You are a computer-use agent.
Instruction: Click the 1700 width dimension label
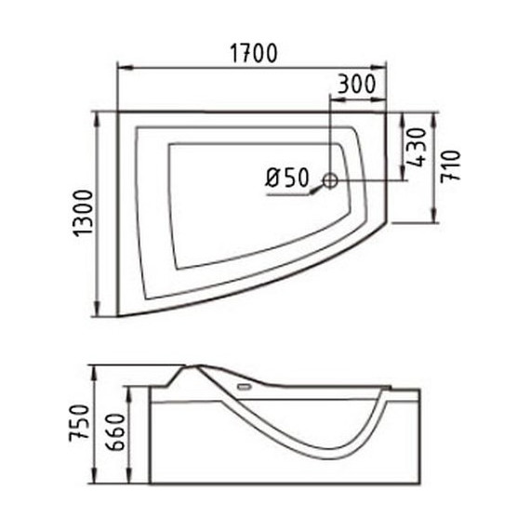pos(254,53)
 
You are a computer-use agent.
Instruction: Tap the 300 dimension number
pos(357,84)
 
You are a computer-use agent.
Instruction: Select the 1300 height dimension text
pos(83,214)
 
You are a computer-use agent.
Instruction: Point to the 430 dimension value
pos(416,147)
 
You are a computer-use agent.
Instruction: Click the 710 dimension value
pos(451,166)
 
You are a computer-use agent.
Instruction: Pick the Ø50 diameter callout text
pos(287,178)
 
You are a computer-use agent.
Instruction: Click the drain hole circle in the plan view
pos(330,180)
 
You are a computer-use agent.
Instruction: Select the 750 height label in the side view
pos(79,423)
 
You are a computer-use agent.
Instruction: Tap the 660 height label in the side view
pos(115,432)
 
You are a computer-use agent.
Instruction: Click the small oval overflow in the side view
pos(244,386)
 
